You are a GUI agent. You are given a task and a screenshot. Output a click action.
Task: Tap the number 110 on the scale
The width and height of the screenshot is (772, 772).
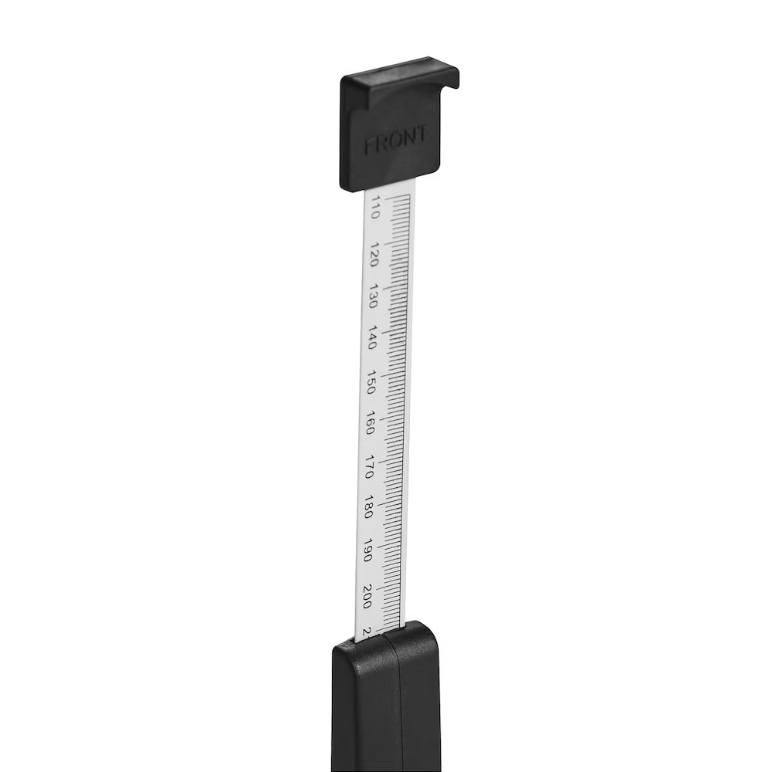[374, 208]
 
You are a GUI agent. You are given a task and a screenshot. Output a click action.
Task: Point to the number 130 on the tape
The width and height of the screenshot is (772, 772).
[374, 296]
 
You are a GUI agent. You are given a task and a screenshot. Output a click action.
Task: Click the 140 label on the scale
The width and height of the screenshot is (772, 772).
[373, 338]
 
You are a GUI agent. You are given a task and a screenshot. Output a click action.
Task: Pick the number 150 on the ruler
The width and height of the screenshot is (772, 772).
[371, 382]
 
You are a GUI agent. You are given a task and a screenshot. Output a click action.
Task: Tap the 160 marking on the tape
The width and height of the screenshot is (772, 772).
[371, 424]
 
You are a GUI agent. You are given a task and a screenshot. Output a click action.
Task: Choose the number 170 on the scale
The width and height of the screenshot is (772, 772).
[369, 468]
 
